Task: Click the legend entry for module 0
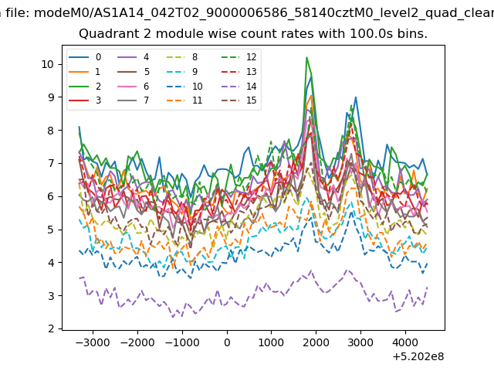click(85, 57)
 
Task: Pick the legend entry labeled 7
click(134, 100)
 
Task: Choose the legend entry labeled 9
click(182, 72)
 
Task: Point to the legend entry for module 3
click(85, 100)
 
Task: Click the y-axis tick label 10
click(47, 64)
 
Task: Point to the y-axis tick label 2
click(51, 328)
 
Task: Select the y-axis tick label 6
click(51, 196)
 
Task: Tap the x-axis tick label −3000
click(93, 342)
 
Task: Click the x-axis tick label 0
click(227, 342)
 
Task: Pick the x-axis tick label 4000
click(405, 342)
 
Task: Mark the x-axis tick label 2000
click(316, 342)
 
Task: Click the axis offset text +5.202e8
click(418, 356)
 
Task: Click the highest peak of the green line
click(306, 57)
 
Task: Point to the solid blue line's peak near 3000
click(356, 97)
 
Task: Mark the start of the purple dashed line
click(79, 278)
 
